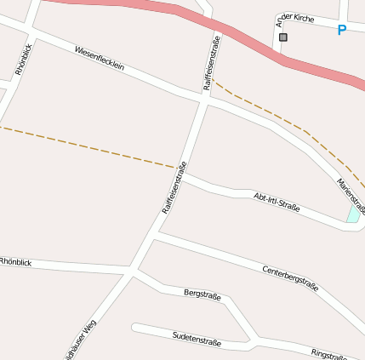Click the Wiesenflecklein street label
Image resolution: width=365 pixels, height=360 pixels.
(106, 62)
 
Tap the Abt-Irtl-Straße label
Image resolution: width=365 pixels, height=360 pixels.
(277, 202)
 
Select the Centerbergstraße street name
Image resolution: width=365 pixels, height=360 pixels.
(290, 278)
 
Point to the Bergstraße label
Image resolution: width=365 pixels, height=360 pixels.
(202, 295)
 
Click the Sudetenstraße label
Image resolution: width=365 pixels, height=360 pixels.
(197, 340)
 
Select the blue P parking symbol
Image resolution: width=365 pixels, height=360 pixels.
(342, 31)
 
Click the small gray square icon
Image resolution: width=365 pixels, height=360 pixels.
(283, 37)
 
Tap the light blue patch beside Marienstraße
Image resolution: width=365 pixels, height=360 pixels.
(353, 214)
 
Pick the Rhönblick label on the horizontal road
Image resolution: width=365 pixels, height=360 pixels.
(15, 262)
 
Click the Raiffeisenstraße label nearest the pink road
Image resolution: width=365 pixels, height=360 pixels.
(212, 62)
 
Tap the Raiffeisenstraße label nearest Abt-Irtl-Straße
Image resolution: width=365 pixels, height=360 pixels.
(174, 186)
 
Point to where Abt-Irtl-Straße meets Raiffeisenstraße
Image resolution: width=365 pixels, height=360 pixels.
(180, 174)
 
